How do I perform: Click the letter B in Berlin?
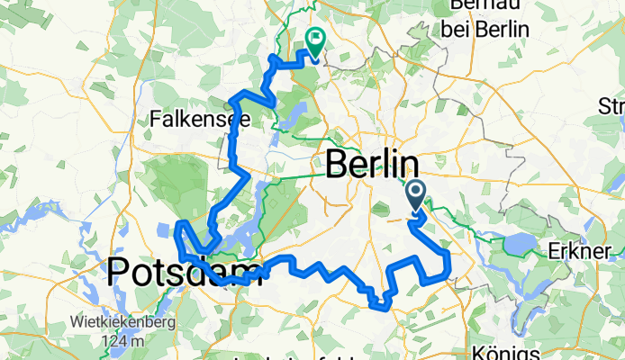tap(335, 165)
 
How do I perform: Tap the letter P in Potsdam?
tap(120, 271)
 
